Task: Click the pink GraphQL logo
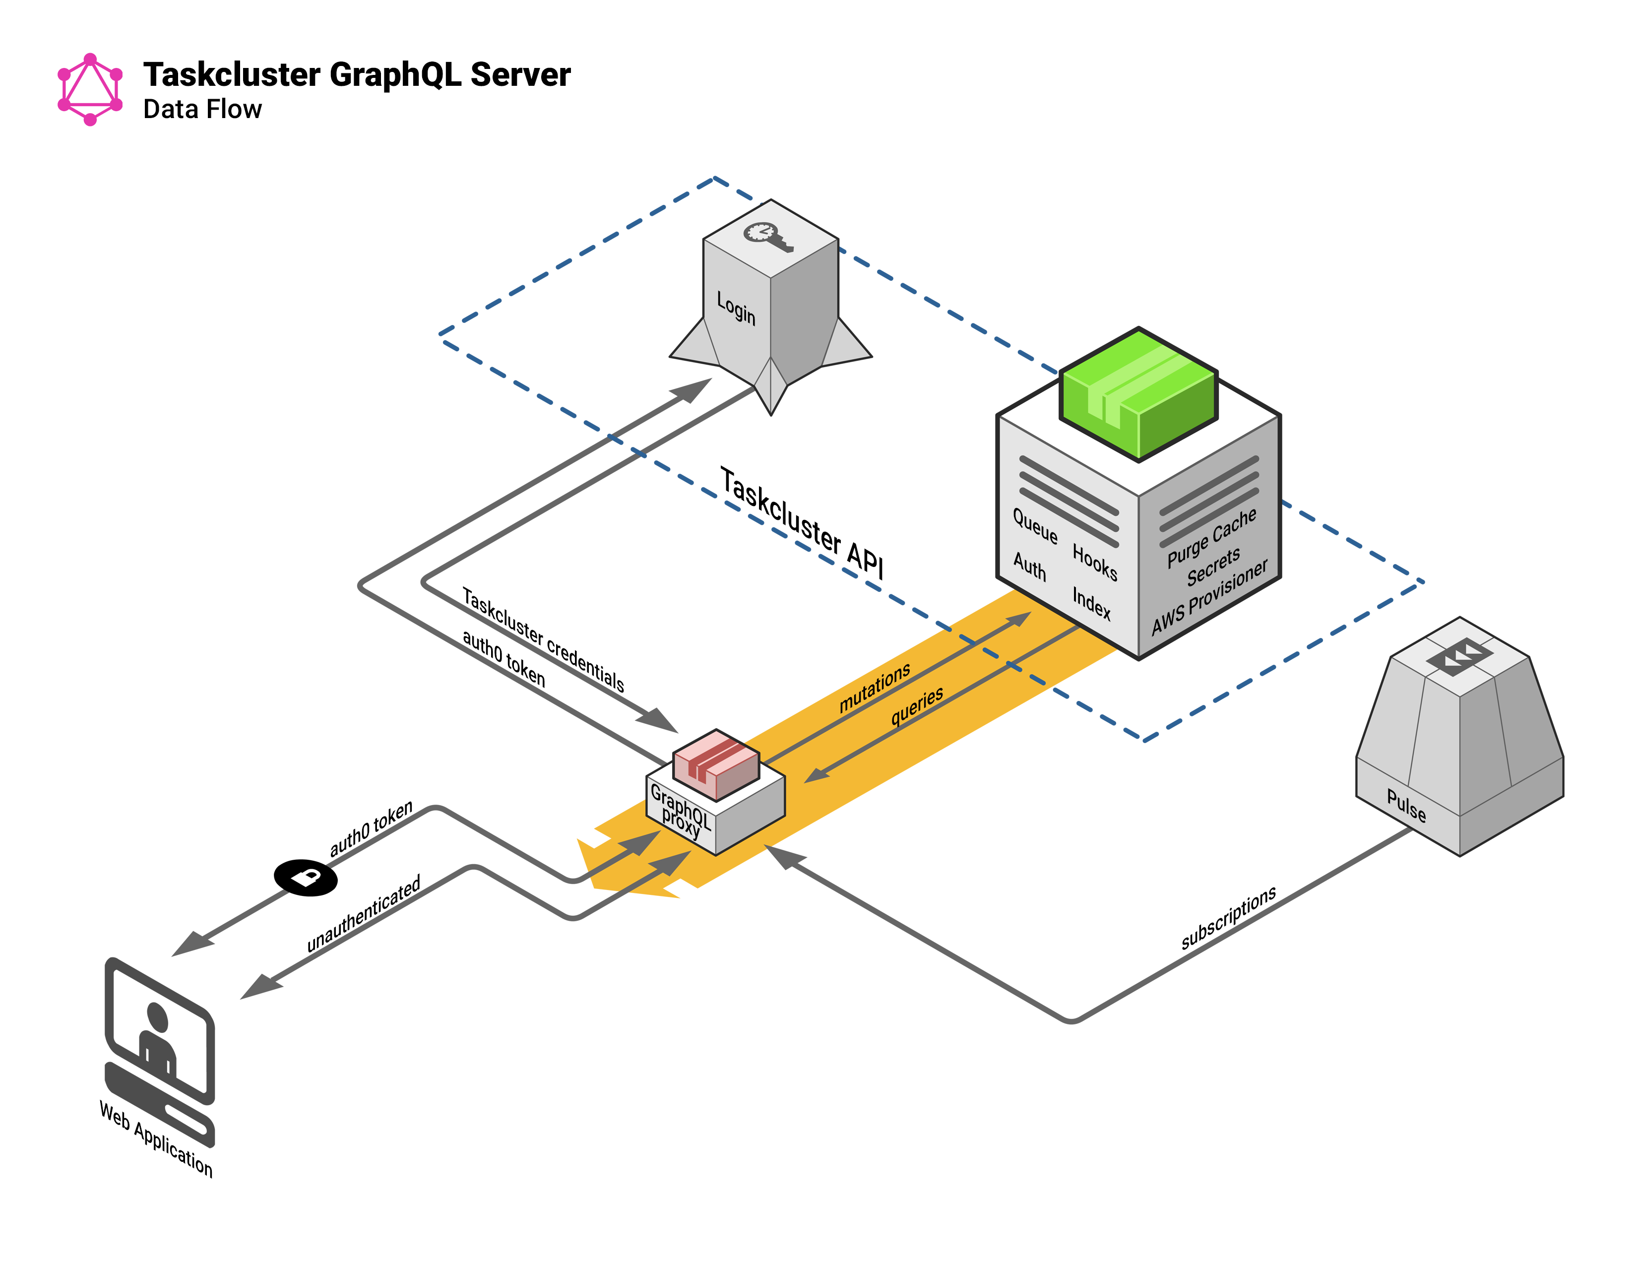click(90, 89)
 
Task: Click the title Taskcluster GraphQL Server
click(357, 75)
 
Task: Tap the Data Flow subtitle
click(202, 110)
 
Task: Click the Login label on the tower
click(736, 307)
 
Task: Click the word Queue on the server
click(1035, 526)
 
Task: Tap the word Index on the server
click(1091, 603)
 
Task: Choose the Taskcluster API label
click(802, 522)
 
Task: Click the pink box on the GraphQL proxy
click(716, 764)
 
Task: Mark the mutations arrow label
click(874, 687)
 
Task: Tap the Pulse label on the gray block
click(1406, 806)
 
